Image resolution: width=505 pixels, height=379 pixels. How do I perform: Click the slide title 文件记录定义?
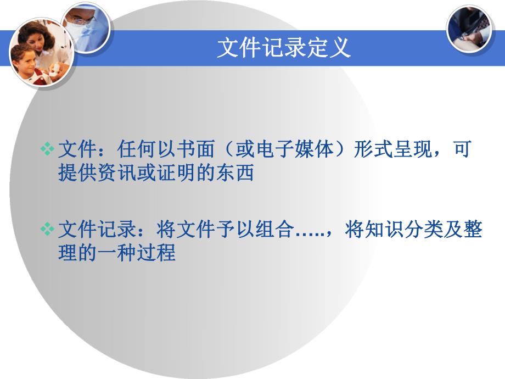tap(283, 48)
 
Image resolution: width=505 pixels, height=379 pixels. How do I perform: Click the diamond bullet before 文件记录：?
tap(48, 229)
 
